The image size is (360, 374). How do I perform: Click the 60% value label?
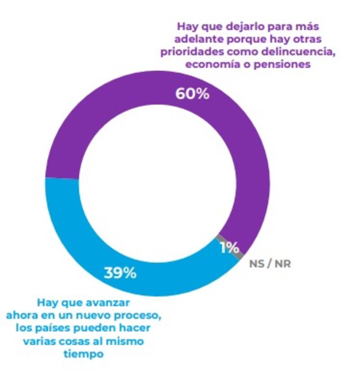(192, 94)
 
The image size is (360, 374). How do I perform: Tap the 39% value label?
(120, 273)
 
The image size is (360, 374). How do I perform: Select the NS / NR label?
(270, 264)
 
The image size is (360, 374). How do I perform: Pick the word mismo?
(126, 341)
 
